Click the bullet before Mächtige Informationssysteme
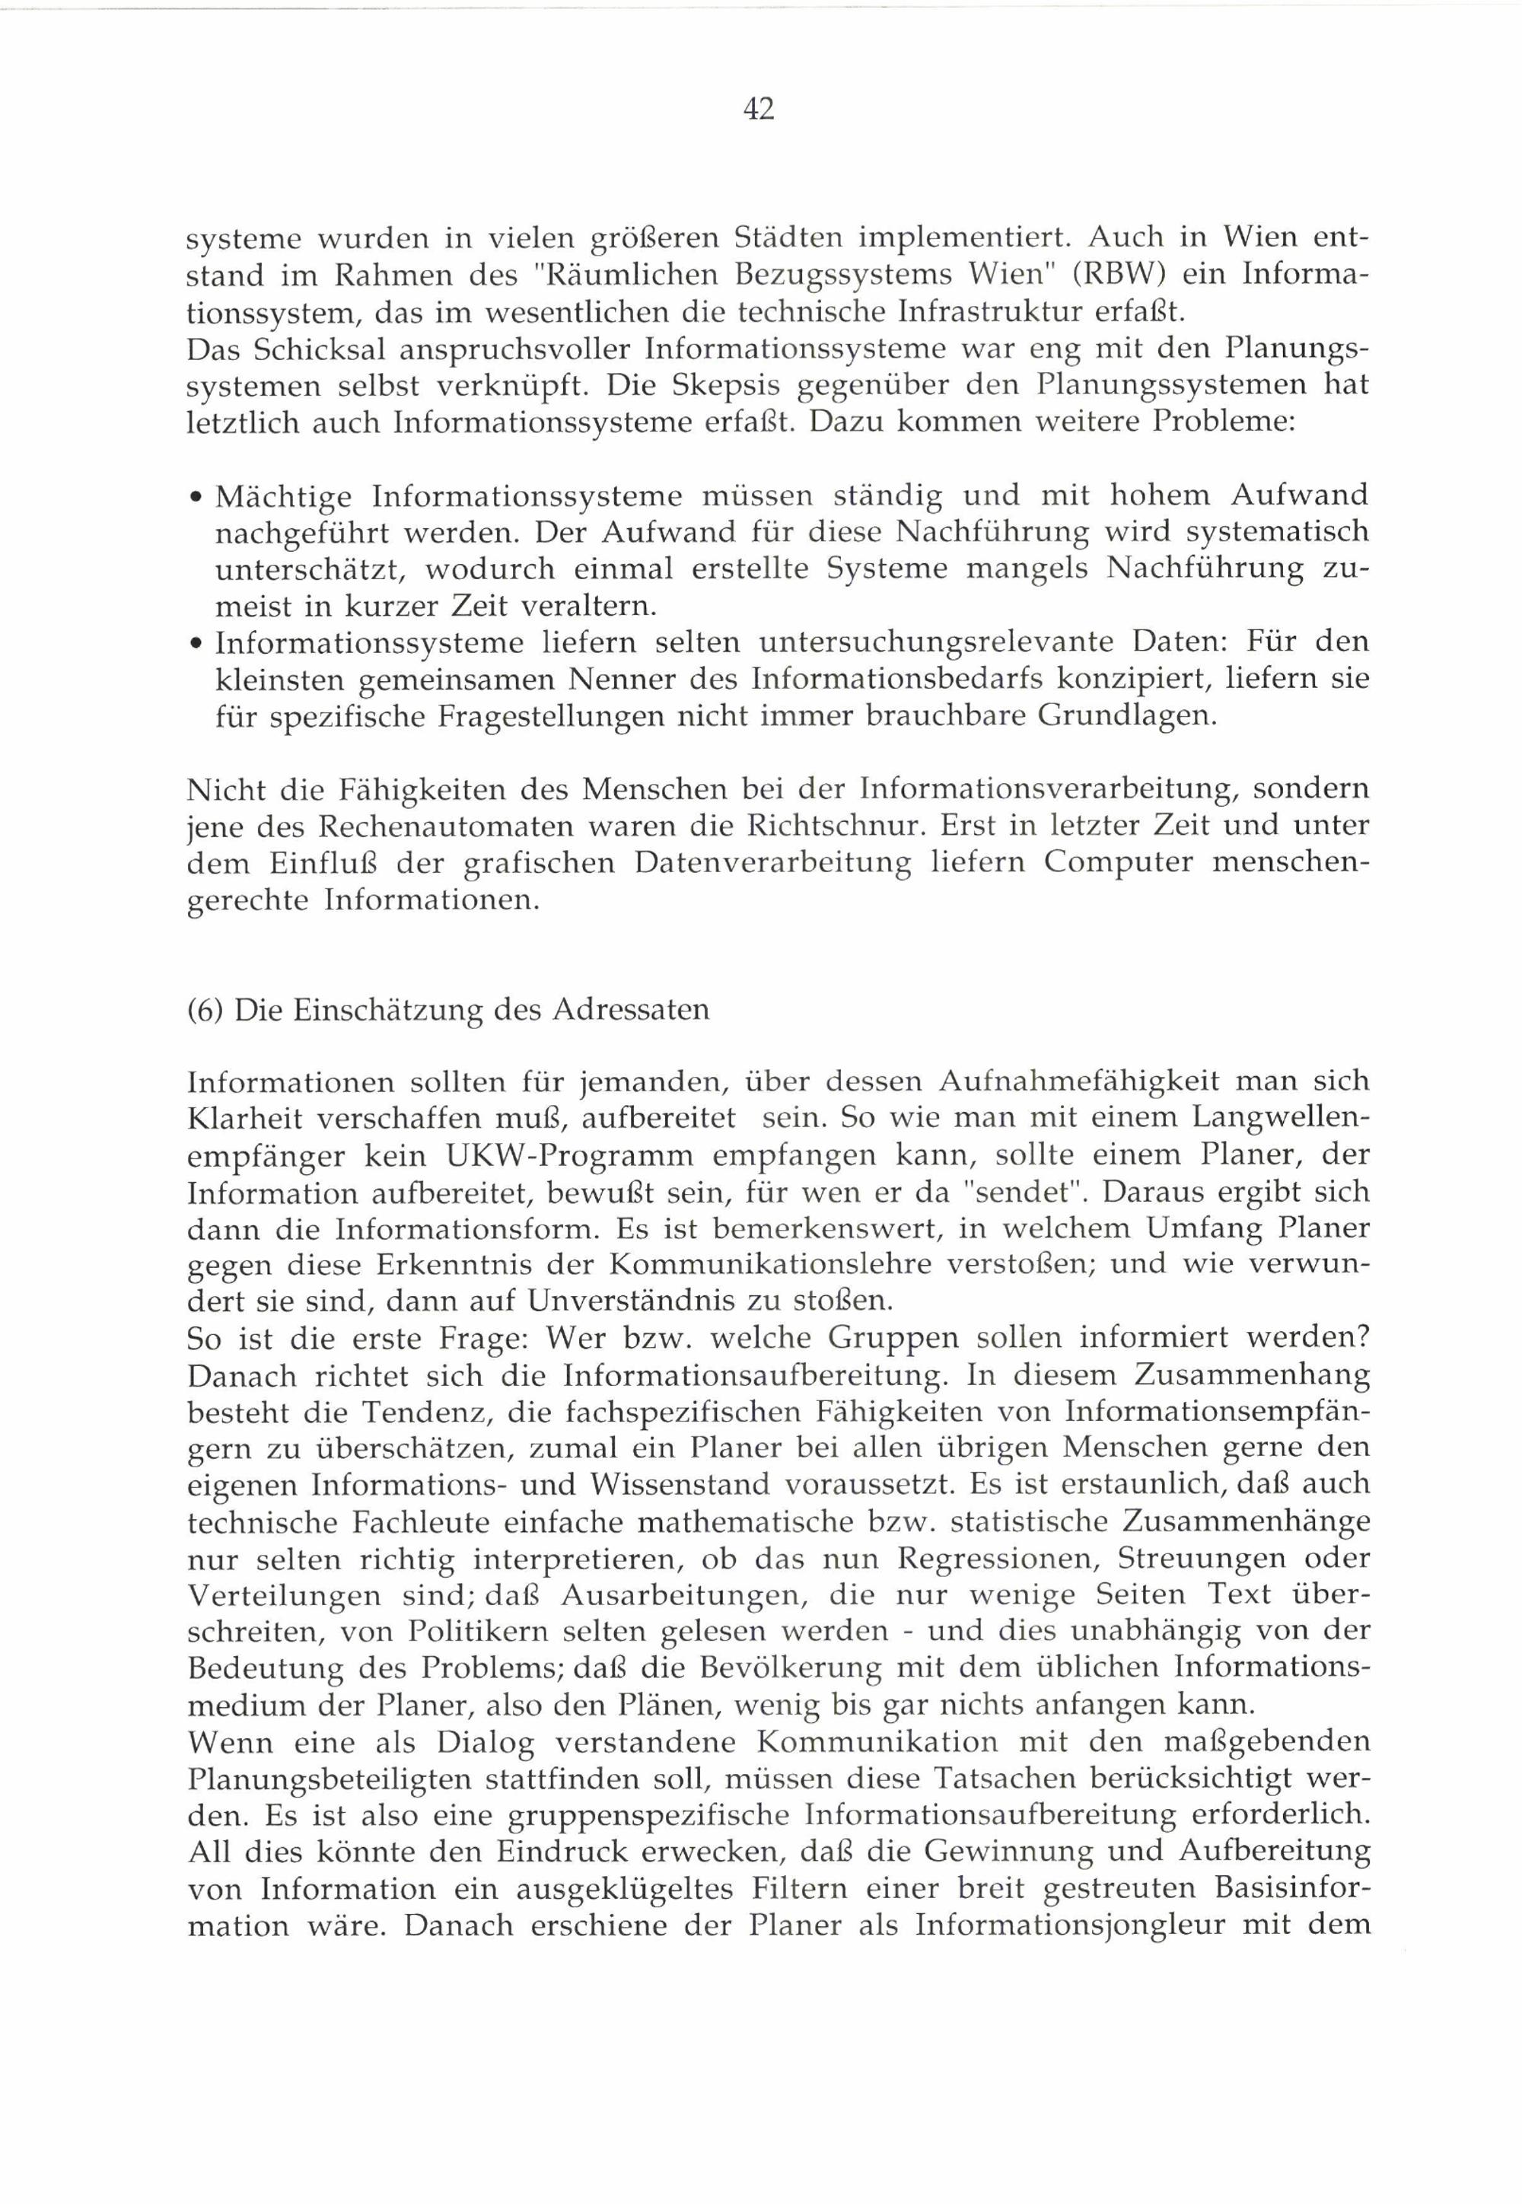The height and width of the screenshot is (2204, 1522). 195,498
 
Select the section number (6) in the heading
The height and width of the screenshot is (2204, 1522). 205,1010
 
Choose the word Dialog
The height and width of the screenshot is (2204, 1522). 486,1741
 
